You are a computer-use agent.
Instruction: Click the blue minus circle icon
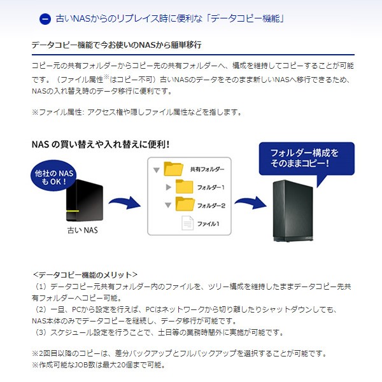click(45, 19)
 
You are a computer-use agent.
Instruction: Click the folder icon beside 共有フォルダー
click(173, 169)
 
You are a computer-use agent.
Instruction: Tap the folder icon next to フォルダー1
click(185, 187)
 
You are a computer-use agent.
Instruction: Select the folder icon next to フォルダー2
click(185, 204)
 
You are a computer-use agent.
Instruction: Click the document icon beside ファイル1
click(188, 223)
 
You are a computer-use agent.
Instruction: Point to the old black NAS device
click(85, 201)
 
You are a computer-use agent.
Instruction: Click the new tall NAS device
click(293, 211)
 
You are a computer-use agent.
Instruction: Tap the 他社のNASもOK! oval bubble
click(53, 176)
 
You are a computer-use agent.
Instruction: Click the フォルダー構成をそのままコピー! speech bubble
click(307, 159)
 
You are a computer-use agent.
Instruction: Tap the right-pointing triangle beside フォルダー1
click(168, 187)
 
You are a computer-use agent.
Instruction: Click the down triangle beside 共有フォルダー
click(157, 170)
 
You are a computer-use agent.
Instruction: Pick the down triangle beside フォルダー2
click(168, 205)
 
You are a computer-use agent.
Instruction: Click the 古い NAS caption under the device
click(83, 230)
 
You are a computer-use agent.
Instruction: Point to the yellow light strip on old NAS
click(73, 211)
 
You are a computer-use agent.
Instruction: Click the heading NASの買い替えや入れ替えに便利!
click(101, 145)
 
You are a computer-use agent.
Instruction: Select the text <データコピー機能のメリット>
click(85, 275)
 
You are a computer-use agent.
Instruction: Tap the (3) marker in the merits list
click(41, 332)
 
